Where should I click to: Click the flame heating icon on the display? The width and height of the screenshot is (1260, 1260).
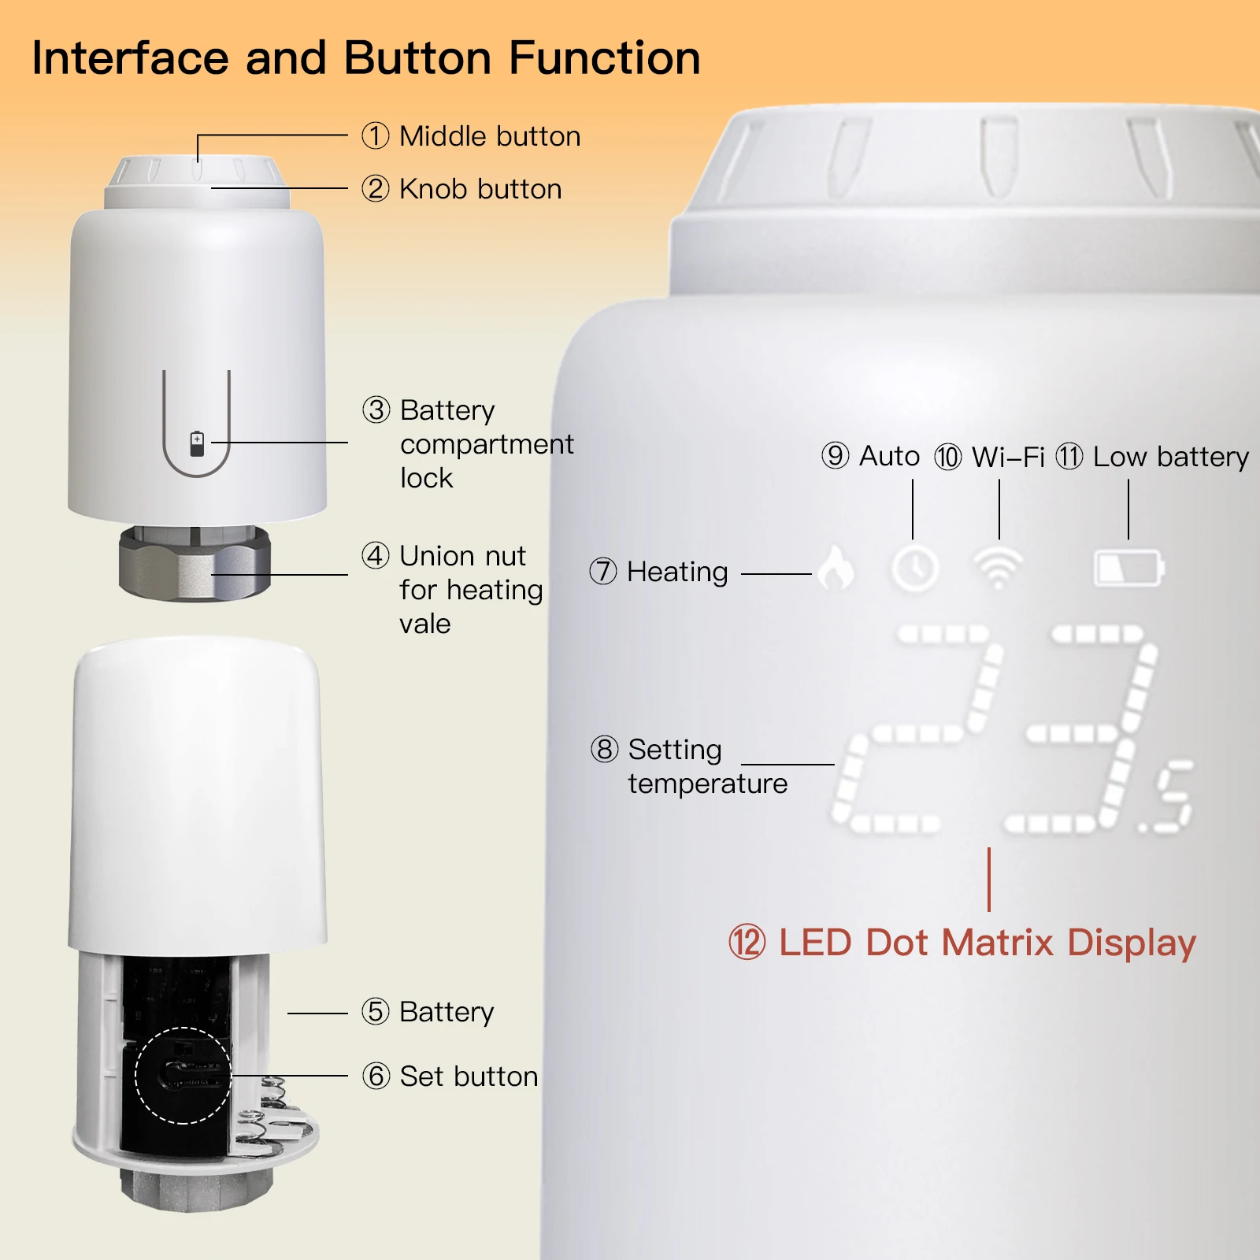[x=836, y=567]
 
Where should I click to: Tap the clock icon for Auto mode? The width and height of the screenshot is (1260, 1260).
[x=914, y=568]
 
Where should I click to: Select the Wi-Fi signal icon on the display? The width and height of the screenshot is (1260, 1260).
[x=999, y=565]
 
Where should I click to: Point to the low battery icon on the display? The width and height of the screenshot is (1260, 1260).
[x=1129, y=568]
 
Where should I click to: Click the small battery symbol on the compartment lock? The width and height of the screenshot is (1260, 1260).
[x=197, y=443]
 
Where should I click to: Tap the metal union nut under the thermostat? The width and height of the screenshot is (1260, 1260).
[x=195, y=562]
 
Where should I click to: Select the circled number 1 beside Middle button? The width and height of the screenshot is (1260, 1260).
[x=376, y=135]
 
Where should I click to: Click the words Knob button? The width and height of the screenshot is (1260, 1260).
[x=480, y=189]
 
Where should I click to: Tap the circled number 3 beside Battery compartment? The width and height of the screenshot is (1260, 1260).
[x=376, y=409]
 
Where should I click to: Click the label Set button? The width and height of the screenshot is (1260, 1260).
[x=469, y=1076]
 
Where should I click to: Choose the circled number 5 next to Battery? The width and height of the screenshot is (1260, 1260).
[x=376, y=1011]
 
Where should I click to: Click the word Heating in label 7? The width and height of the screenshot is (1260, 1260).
[x=677, y=573]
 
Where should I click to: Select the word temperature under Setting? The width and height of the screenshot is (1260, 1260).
[x=708, y=784]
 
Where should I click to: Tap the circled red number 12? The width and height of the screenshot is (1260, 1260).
[x=747, y=943]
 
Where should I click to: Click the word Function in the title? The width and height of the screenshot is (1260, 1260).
[x=605, y=58]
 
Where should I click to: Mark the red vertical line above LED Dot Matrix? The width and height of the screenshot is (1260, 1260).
[x=989, y=880]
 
